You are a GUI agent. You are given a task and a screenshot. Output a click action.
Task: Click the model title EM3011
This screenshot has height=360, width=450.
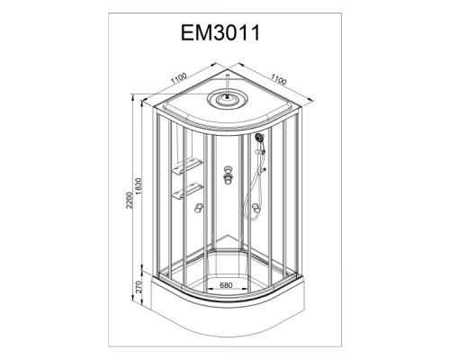point(220,32)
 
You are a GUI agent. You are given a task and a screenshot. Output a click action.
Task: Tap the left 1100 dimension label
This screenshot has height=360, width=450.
point(179,78)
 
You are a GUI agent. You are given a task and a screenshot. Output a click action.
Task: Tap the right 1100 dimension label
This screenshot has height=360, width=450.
point(279,79)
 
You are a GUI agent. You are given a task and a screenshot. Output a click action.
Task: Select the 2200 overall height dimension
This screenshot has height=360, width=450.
point(129,200)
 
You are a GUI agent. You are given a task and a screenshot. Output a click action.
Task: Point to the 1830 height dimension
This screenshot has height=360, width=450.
point(138,186)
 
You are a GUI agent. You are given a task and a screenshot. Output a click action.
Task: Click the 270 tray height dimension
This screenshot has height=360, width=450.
point(139,287)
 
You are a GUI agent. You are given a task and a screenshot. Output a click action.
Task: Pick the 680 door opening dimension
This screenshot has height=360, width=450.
point(226,285)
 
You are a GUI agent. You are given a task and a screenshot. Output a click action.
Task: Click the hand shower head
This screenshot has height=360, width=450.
point(259,138)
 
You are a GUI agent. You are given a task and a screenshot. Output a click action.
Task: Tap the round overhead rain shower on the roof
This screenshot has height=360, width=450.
point(228,98)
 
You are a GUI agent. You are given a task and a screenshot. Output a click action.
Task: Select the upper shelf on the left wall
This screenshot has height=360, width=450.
point(187,166)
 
